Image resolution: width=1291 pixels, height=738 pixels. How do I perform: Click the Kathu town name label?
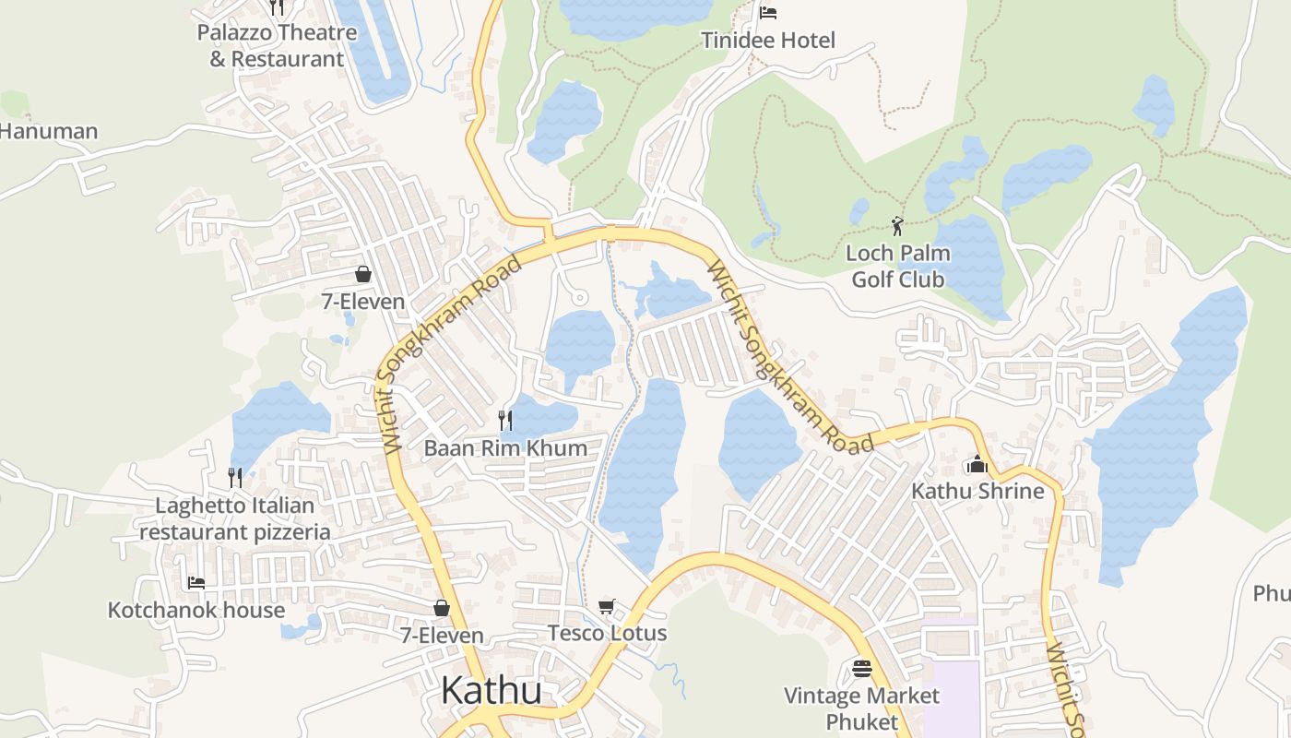tap(491, 690)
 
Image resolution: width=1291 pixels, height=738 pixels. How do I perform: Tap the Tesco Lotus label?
tap(607, 633)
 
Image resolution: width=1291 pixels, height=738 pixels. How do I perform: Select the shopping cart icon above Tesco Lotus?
tap(606, 606)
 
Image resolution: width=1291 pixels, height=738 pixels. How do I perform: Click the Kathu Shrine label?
tap(977, 491)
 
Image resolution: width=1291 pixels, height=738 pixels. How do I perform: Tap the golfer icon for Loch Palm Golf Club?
tap(897, 225)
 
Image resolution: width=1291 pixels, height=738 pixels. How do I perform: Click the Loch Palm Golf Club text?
tap(897, 266)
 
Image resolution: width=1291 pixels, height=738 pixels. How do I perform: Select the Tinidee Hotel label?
tap(767, 41)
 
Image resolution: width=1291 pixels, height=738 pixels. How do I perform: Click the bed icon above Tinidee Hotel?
tap(767, 12)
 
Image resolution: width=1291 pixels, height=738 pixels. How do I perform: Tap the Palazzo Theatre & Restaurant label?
tap(277, 46)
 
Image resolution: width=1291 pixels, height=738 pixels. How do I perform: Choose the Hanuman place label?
tap(48, 131)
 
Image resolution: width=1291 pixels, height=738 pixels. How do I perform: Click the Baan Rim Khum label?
tap(505, 448)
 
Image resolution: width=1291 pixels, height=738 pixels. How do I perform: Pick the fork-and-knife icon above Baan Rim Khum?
tap(505, 421)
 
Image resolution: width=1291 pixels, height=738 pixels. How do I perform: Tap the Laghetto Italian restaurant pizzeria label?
tap(235, 518)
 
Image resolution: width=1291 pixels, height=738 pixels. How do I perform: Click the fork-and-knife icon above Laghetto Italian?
tap(235, 477)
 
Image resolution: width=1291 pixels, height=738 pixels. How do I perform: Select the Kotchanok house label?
tap(196, 610)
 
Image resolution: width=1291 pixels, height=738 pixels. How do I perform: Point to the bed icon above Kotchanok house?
tap(196, 582)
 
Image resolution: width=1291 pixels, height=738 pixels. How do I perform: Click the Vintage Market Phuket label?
tap(861, 708)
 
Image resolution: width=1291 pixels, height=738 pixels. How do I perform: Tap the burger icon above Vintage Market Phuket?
tap(862, 668)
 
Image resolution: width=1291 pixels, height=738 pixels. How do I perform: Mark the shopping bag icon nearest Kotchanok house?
tap(442, 608)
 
